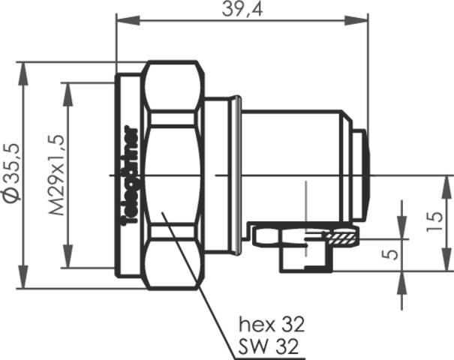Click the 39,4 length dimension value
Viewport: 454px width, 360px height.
pyautogui.click(x=240, y=9)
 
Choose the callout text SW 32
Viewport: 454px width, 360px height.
pyautogui.click(x=269, y=346)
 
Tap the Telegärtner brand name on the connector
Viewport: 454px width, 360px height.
pyautogui.click(x=128, y=174)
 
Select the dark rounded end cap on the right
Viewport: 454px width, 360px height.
pyautogui.click(x=364, y=174)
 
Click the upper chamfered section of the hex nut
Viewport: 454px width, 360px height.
pyautogui.click(x=174, y=84)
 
